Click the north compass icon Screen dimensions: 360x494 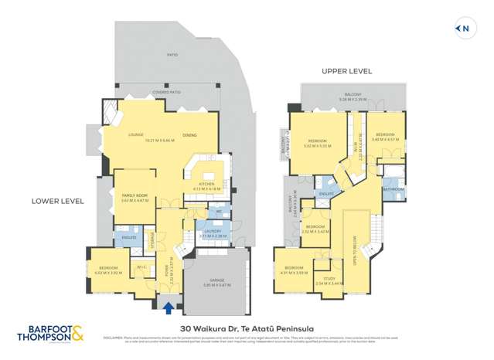coord(464,29)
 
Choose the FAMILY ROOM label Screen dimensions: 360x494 coord(134,196)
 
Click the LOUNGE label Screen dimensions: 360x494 coord(136,135)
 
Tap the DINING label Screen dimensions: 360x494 coord(189,135)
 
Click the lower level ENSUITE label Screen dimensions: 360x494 coord(129,237)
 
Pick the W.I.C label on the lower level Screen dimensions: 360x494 coord(141,267)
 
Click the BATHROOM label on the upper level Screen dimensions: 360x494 coord(392,188)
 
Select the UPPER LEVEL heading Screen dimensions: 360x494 coord(347,71)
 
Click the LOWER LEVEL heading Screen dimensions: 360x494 coord(57,201)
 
